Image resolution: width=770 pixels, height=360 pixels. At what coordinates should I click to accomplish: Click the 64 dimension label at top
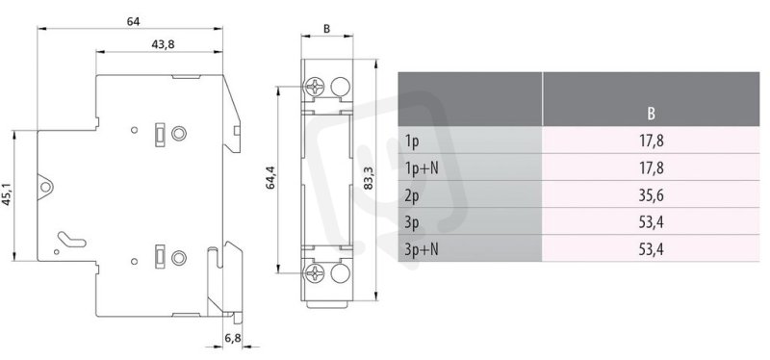pyautogui.click(x=133, y=21)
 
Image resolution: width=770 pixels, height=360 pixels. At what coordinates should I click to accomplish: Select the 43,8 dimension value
pyautogui.click(x=163, y=44)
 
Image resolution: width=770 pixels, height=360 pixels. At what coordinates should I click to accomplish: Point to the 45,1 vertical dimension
pyautogui.click(x=7, y=195)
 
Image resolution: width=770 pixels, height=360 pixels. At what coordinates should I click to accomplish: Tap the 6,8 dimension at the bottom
pyautogui.click(x=232, y=338)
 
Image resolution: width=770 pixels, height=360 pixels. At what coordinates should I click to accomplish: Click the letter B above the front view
pyautogui.click(x=326, y=29)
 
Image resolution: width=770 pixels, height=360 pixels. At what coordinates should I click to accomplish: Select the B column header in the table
pyautogui.click(x=651, y=114)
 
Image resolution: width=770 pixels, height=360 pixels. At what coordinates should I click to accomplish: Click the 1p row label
pyautogui.click(x=411, y=141)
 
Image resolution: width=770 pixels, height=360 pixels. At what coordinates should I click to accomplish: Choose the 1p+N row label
pyautogui.click(x=422, y=168)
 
